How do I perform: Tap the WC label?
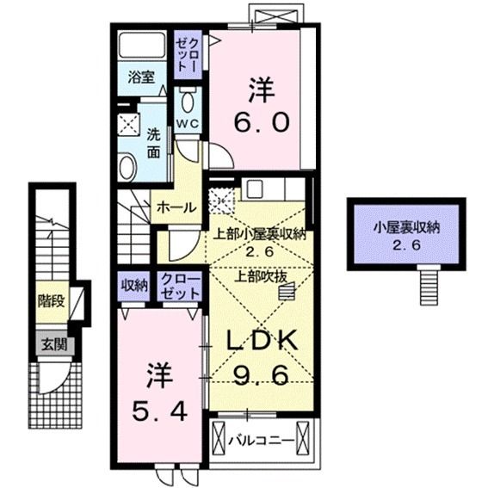(188, 122)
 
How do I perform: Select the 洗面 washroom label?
(153, 143)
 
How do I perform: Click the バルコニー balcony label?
(262, 442)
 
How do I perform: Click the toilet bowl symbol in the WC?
(188, 100)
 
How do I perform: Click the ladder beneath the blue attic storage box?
(428, 281)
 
